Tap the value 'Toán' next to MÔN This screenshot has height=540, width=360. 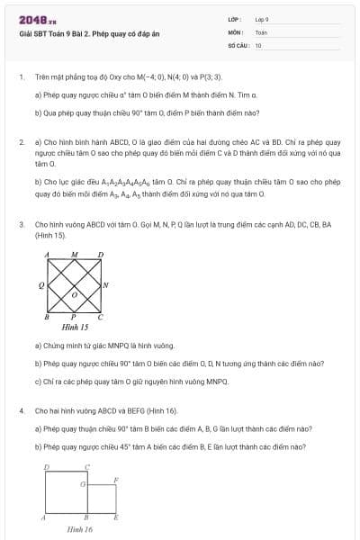point(261,31)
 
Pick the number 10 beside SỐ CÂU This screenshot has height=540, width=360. point(258,44)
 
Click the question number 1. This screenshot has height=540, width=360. point(21,78)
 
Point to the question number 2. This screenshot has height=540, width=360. point(21,142)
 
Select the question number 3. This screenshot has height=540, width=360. point(21,223)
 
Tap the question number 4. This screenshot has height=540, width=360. point(21,410)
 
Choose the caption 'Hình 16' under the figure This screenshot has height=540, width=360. point(80,529)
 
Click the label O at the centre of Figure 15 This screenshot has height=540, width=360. point(75,294)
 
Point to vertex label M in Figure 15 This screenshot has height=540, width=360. point(75,255)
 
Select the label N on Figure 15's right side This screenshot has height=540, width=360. point(106,285)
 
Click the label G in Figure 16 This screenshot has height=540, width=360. point(82,484)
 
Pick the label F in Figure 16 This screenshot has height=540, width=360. point(115,480)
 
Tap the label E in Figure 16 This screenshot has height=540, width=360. point(116,518)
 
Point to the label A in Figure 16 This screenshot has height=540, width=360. point(43,518)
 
